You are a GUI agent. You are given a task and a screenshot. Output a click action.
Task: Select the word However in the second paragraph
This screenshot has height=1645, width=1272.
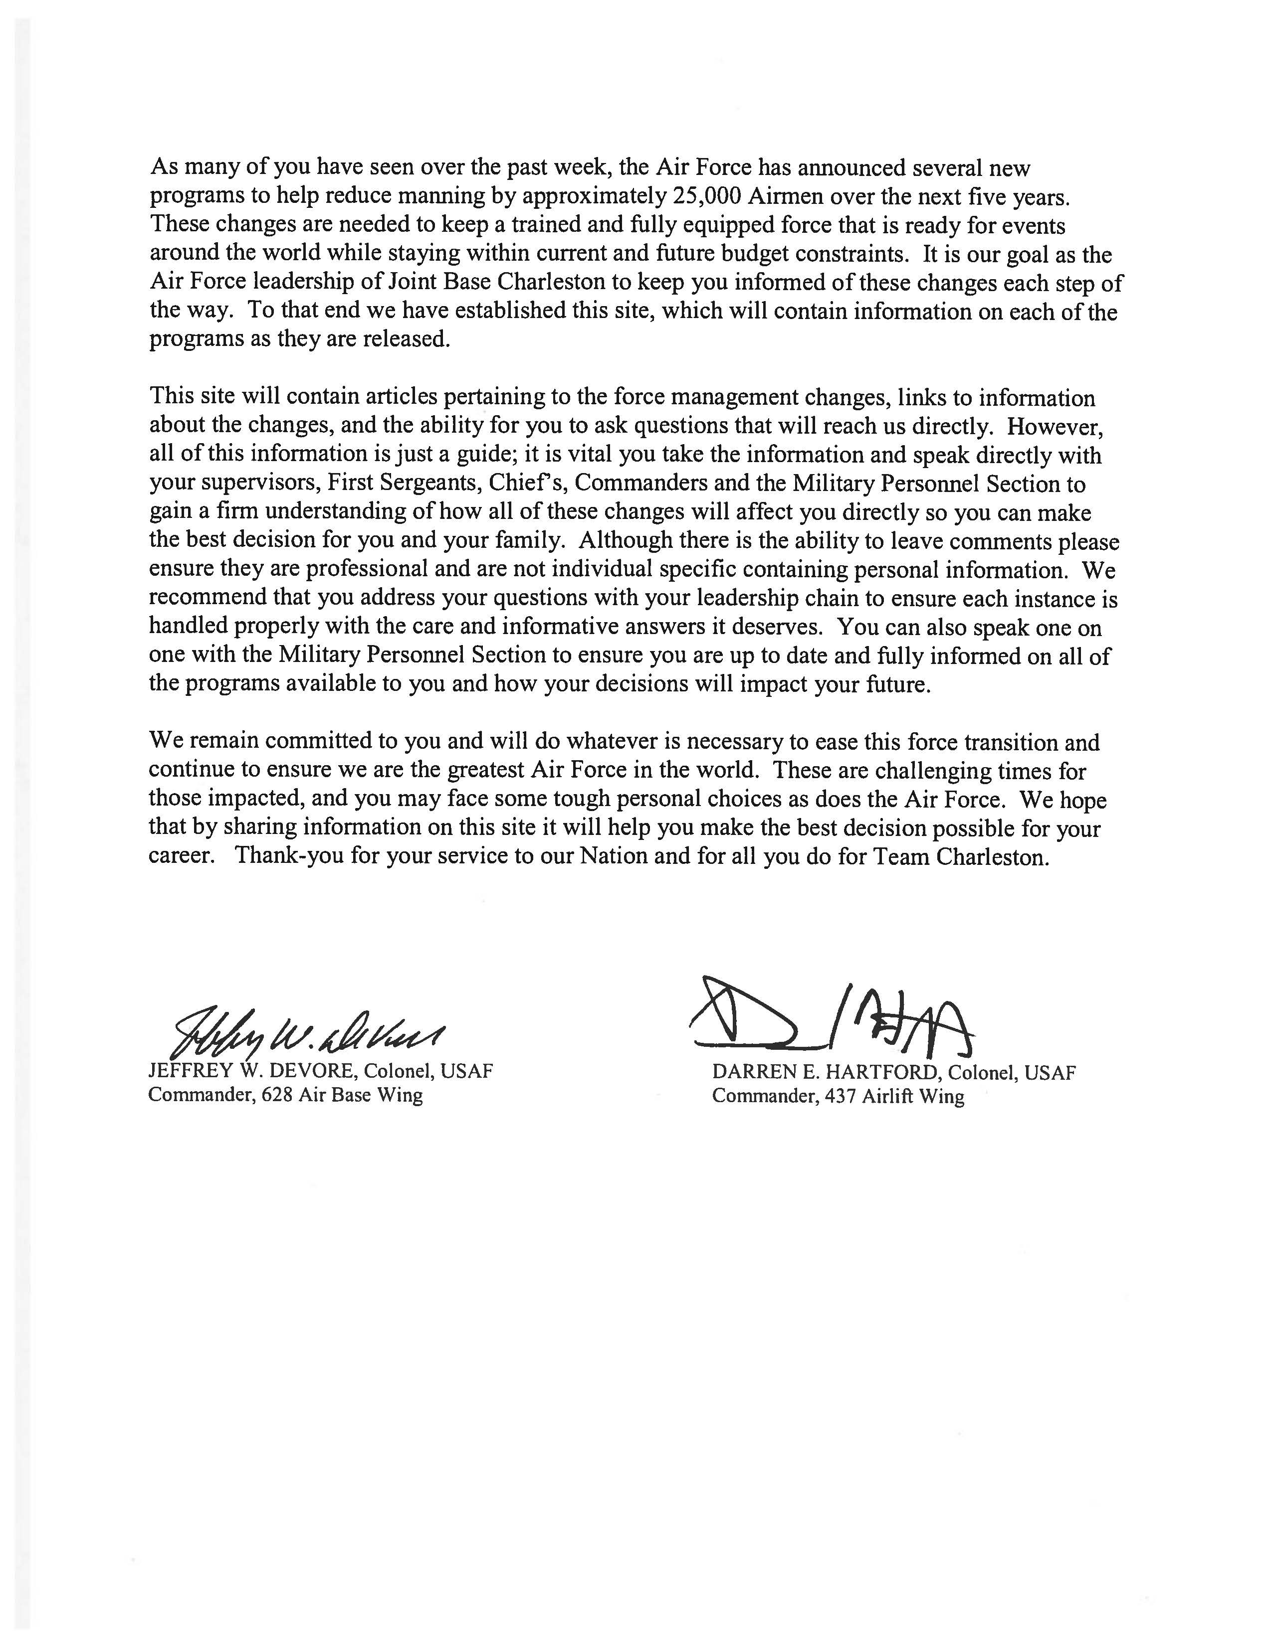(1055, 426)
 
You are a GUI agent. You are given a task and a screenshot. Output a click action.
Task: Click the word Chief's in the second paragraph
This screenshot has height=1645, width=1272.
(526, 483)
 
